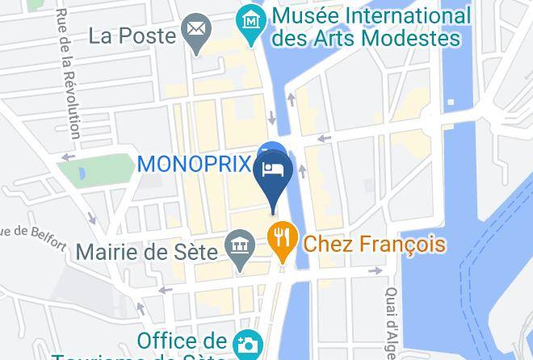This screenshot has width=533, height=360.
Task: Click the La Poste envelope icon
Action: point(195,35)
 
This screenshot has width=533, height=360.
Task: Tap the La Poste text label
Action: point(132,36)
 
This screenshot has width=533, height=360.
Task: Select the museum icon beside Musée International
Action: point(253,18)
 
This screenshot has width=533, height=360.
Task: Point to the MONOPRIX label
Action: point(195,163)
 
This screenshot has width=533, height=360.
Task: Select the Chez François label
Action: point(374,243)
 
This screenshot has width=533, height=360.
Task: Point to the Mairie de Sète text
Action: point(147,251)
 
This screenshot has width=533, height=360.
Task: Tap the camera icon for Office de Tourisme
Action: point(247,345)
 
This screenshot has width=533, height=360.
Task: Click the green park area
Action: point(105,170)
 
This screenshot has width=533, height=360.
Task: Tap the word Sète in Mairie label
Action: point(196,251)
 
